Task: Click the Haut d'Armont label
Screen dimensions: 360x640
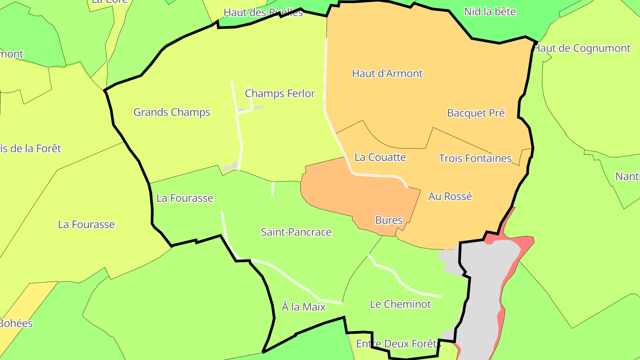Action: (387, 73)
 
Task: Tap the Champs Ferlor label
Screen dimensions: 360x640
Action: (280, 93)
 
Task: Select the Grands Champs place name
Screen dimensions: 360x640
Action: (172, 112)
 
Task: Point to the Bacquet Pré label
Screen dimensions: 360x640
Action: (476, 113)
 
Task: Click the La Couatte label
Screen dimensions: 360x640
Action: (380, 157)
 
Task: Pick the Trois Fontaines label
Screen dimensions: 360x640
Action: (475, 158)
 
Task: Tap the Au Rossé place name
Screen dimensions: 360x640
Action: (450, 196)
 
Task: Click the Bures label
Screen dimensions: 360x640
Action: (389, 220)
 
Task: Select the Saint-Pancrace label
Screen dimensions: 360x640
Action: (296, 232)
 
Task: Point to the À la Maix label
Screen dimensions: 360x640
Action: (304, 307)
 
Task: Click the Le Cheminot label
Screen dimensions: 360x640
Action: (400, 304)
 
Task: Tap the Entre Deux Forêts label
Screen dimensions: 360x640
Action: (398, 344)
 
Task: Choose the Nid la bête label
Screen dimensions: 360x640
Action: (490, 12)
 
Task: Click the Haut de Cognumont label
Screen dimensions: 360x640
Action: (582, 48)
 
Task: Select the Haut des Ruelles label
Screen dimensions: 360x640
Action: (263, 12)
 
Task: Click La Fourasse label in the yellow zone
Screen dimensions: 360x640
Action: (86, 224)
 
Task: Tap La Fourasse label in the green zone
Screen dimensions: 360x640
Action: (185, 198)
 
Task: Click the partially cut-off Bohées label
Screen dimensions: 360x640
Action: (16, 323)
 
